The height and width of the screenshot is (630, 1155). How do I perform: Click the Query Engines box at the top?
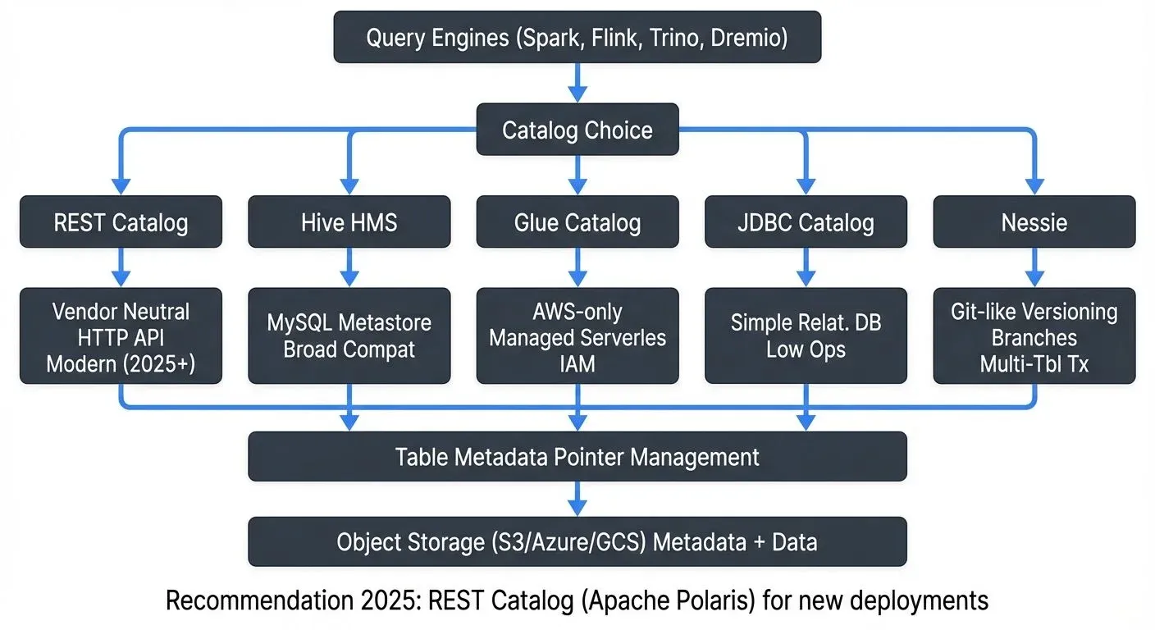(x=577, y=37)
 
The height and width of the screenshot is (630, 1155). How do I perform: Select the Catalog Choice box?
(x=577, y=130)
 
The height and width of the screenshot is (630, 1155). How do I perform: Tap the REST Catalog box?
(x=121, y=221)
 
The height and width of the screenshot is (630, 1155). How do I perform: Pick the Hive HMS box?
(x=349, y=221)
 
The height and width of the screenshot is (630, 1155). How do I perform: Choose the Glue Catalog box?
(x=577, y=221)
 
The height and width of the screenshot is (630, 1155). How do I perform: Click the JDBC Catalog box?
(x=806, y=221)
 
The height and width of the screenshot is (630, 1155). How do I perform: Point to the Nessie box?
(x=1034, y=221)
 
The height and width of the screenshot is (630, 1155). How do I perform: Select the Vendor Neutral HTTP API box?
(x=121, y=336)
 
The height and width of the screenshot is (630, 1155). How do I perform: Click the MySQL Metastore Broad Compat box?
(x=349, y=336)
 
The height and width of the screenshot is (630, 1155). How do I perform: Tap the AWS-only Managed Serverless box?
(x=577, y=336)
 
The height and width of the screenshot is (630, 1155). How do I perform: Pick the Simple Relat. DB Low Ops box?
(x=806, y=336)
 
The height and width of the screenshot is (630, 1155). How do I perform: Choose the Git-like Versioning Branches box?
(x=1034, y=336)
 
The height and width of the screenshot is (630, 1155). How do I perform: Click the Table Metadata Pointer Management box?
(x=577, y=456)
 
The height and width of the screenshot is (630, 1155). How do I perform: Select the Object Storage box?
(x=577, y=541)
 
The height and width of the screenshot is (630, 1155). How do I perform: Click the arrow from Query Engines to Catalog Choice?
(x=577, y=83)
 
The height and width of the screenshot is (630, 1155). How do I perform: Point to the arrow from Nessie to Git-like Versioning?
(x=1034, y=267)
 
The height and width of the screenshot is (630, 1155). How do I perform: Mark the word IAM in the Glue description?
(x=577, y=363)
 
